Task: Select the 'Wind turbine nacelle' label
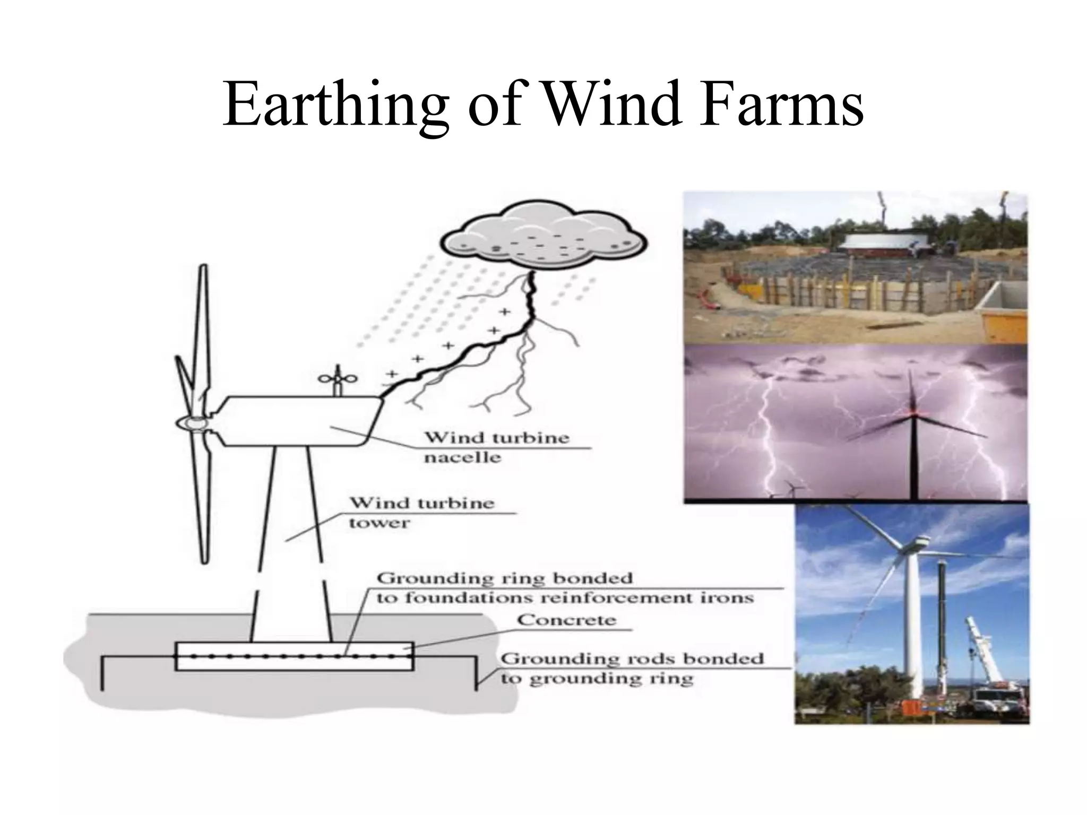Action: point(496,447)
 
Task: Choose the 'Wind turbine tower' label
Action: point(421,512)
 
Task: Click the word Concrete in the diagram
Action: point(566,620)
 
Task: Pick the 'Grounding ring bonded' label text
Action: point(505,578)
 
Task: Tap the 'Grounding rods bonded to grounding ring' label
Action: point(632,669)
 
